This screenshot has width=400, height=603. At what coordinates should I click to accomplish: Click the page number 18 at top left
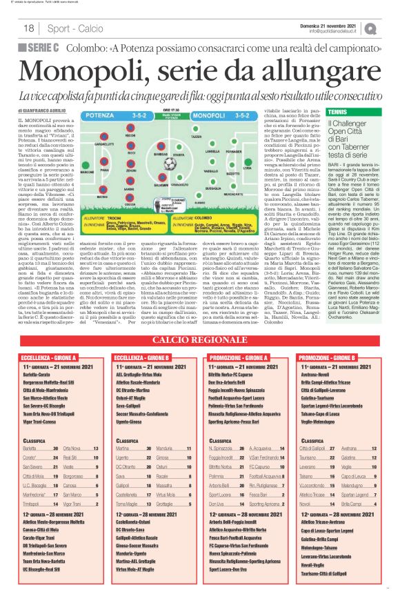coord(29,28)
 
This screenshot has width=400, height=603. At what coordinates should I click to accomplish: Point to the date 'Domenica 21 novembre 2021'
coord(337,24)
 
